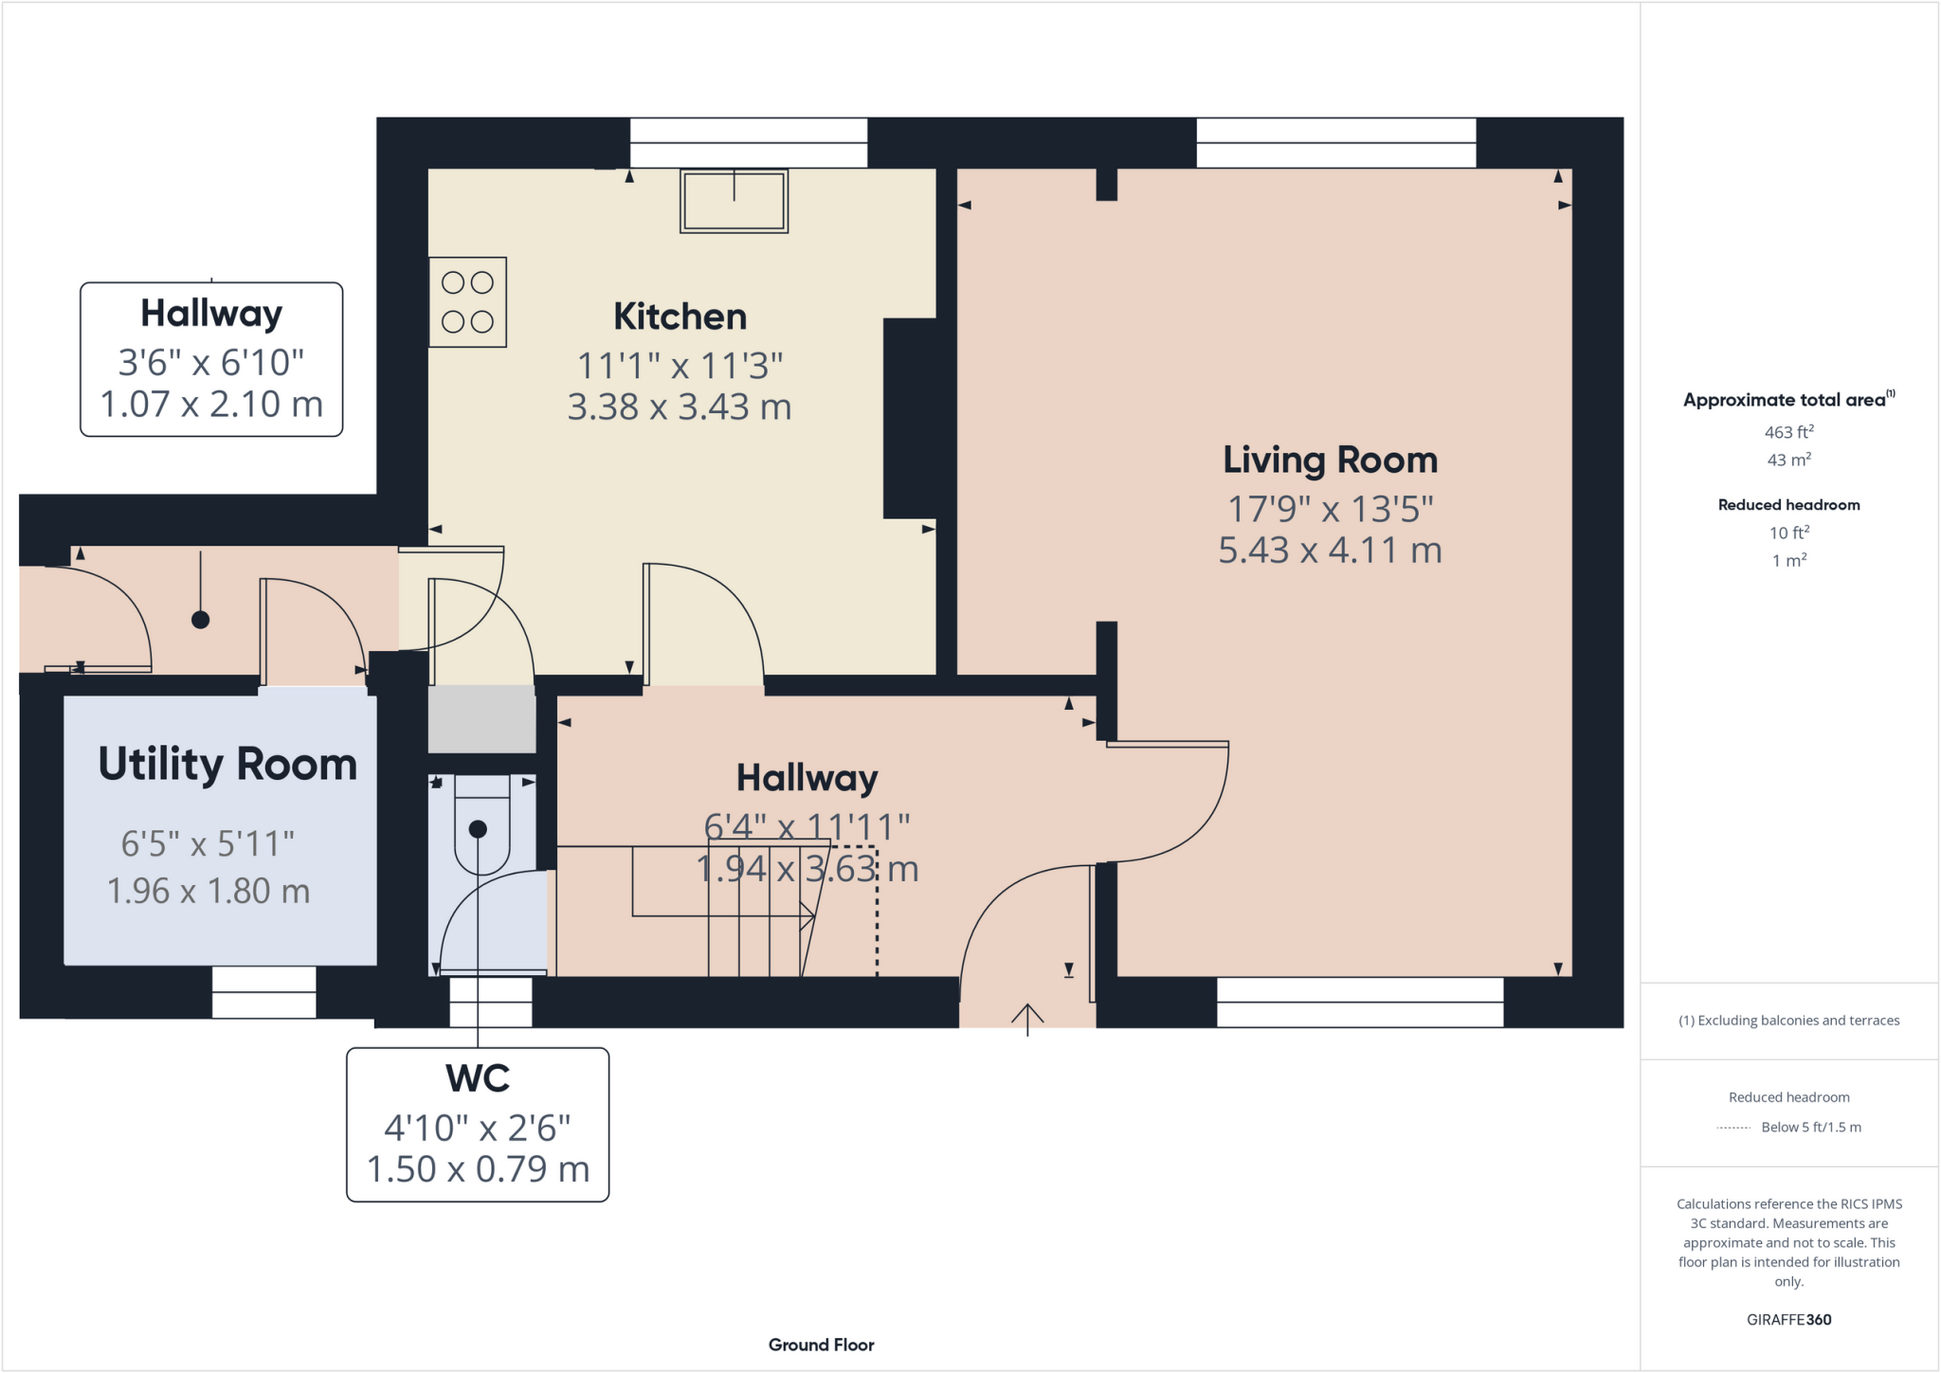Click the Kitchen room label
pyautogui.click(x=680, y=316)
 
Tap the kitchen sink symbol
pyautogui.click(x=734, y=201)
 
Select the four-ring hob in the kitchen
pyautogui.click(x=467, y=302)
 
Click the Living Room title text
pyautogui.click(x=1330, y=461)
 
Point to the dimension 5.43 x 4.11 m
pyautogui.click(x=1330, y=551)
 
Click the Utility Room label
pyautogui.click(x=227, y=765)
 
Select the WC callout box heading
pyautogui.click(x=478, y=1078)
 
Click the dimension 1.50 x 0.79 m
pyautogui.click(x=478, y=1169)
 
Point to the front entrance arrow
pyautogui.click(x=1027, y=1018)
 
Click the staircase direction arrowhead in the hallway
pyautogui.click(x=807, y=915)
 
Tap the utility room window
pyautogui.click(x=263, y=992)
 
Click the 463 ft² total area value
pyautogui.click(x=1788, y=432)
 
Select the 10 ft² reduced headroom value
pyautogui.click(x=1788, y=533)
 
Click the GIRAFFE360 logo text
pyautogui.click(x=1788, y=1320)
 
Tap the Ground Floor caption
pyautogui.click(x=821, y=1345)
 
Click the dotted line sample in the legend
pyautogui.click(x=1733, y=1128)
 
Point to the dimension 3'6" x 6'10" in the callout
pyautogui.click(x=210, y=363)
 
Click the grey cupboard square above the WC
pyautogui.click(x=481, y=719)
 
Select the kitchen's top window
pyautogui.click(x=749, y=143)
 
